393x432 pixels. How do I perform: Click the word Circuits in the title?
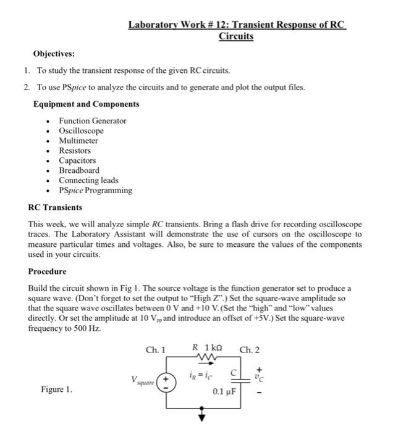(x=236, y=36)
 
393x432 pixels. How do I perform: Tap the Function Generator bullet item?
(x=92, y=121)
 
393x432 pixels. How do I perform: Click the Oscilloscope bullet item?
(x=81, y=131)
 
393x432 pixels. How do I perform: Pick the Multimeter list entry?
(x=78, y=141)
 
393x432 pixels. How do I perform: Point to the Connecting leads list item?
(x=88, y=180)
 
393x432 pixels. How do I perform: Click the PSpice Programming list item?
(x=95, y=190)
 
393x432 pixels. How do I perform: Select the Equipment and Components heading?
(x=86, y=104)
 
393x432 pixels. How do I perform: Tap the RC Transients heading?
(x=56, y=207)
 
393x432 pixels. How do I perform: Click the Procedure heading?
(x=47, y=272)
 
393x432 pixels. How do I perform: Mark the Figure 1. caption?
(x=56, y=389)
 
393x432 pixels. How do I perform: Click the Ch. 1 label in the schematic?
(x=156, y=350)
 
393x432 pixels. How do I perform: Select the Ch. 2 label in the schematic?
(x=250, y=350)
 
